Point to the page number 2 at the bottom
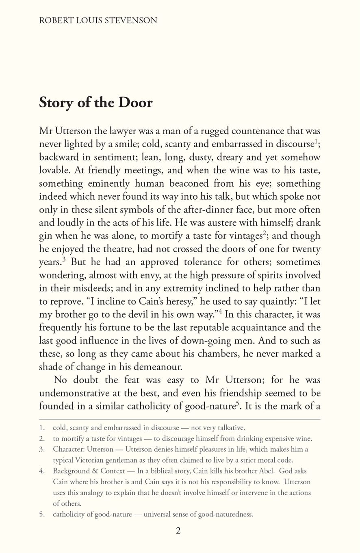pos(178,531)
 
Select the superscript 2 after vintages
pos(264,233)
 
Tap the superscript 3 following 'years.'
pos(64,259)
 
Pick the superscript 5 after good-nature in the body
pos(237,403)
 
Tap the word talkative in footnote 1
pos(231,428)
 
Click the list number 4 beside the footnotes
pos(42,471)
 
